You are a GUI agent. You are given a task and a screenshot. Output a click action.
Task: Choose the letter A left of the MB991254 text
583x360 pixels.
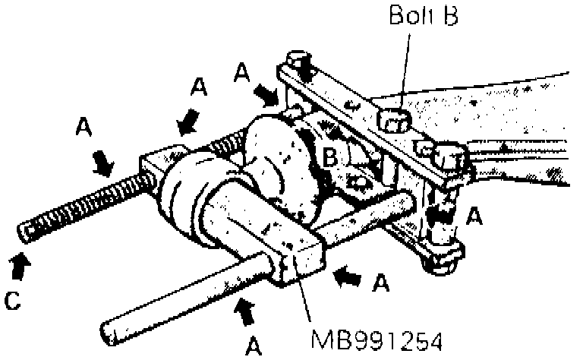(255, 346)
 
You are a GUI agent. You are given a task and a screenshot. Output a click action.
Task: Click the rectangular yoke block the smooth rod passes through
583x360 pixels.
(296, 258)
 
